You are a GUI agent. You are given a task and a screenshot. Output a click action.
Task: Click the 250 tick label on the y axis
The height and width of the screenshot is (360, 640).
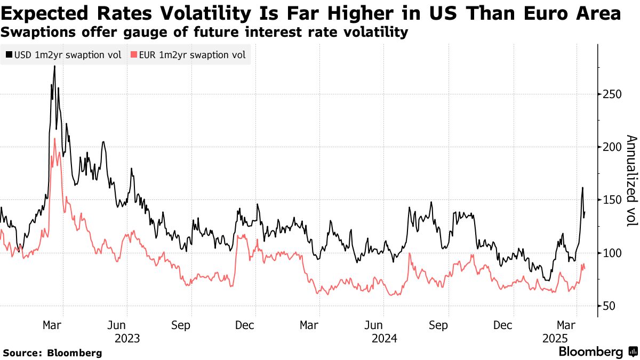(x=609, y=94)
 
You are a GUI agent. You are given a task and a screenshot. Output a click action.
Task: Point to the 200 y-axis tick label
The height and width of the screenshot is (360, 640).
(x=609, y=147)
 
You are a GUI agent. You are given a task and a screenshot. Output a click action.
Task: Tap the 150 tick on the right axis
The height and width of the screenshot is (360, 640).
(x=609, y=200)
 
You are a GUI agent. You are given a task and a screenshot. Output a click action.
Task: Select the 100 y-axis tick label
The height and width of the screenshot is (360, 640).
(x=609, y=253)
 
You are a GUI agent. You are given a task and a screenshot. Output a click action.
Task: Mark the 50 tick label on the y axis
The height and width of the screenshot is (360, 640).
(x=606, y=306)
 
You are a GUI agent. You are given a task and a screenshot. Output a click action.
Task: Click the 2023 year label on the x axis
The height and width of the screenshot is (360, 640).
(x=127, y=338)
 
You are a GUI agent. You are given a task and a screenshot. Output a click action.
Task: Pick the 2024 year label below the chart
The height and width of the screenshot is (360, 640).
(x=384, y=338)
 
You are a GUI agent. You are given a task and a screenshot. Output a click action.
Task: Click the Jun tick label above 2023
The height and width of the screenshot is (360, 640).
(x=127, y=325)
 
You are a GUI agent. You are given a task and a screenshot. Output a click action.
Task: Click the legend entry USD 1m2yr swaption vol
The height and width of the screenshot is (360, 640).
(x=63, y=55)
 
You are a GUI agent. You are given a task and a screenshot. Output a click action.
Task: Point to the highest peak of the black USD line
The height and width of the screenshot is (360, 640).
(x=54, y=66)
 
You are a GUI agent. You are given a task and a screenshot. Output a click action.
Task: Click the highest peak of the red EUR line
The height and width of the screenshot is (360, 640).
(x=54, y=139)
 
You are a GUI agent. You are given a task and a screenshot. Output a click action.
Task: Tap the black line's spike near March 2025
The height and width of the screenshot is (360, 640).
(x=582, y=187)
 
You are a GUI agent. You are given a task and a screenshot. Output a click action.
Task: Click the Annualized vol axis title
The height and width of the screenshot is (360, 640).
(x=631, y=180)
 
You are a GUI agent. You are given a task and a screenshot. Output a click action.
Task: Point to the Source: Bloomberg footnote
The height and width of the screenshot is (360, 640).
(x=52, y=353)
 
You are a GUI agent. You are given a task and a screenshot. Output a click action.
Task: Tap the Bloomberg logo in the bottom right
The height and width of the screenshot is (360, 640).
(x=597, y=352)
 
